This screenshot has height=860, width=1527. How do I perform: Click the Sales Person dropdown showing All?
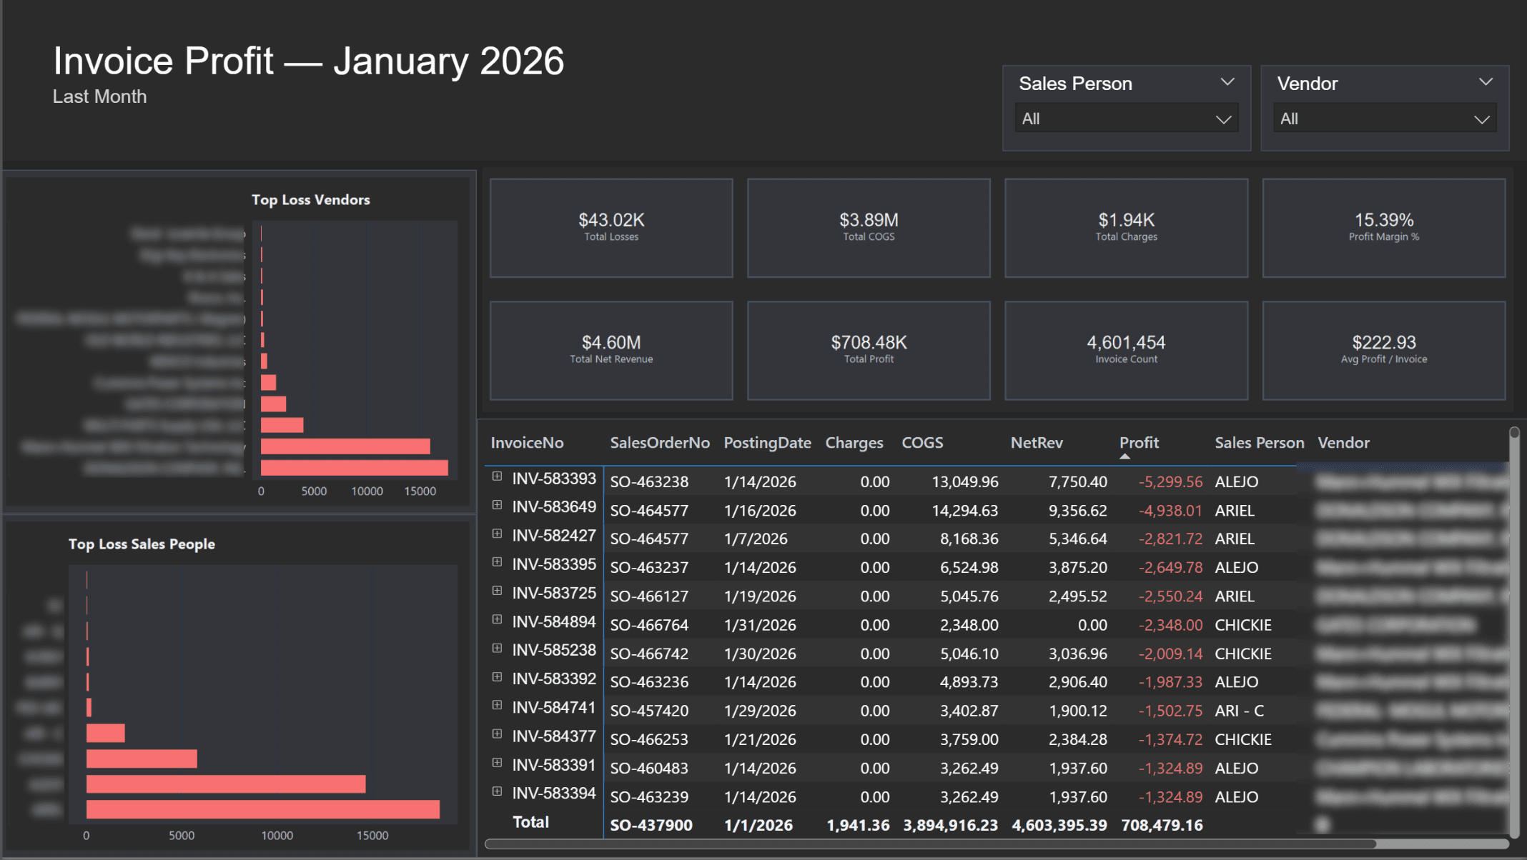click(x=1125, y=119)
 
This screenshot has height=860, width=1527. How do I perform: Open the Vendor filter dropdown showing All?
click(x=1384, y=119)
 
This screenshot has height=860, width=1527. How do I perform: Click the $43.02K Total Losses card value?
click(x=611, y=220)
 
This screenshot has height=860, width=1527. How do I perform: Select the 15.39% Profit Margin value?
click(x=1383, y=220)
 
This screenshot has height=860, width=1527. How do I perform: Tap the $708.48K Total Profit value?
click(x=869, y=343)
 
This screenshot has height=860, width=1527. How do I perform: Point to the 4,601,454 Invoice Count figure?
click(x=1126, y=343)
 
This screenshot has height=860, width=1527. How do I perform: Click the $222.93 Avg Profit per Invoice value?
click(x=1383, y=343)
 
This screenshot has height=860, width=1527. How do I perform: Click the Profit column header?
click(x=1139, y=443)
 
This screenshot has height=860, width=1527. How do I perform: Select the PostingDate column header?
click(x=767, y=443)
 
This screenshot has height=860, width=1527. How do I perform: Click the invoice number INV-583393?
click(x=554, y=479)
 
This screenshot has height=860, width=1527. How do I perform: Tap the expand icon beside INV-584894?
click(x=497, y=620)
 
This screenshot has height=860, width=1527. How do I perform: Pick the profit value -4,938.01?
click(x=1170, y=511)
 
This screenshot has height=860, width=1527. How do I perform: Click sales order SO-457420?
click(x=649, y=711)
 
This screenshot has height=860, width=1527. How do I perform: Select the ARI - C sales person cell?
click(x=1239, y=711)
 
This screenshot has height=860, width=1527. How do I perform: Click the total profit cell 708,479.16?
click(x=1162, y=826)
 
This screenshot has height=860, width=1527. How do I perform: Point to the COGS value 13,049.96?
click(x=964, y=482)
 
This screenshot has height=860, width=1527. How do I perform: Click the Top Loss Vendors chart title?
click(x=310, y=200)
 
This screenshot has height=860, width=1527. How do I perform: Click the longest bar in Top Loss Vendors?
click(x=354, y=468)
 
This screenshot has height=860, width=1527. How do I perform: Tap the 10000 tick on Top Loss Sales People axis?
click(x=277, y=836)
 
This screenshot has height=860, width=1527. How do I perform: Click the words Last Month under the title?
click(x=99, y=96)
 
